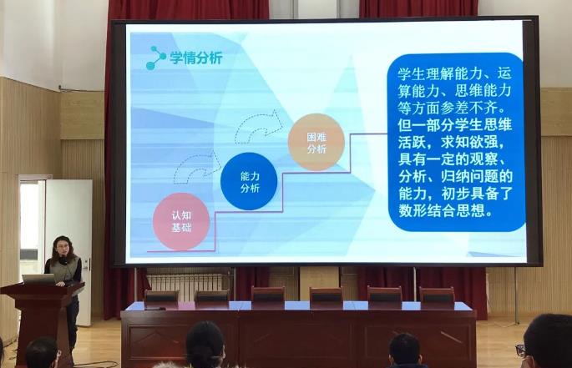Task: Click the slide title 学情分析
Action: click(x=196, y=58)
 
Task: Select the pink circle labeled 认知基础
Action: click(x=181, y=222)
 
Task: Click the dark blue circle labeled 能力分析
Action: click(x=249, y=182)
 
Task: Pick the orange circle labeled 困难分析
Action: click(x=316, y=143)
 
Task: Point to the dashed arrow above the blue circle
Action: click(x=260, y=127)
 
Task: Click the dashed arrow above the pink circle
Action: click(x=197, y=167)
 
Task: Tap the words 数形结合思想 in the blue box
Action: click(x=441, y=210)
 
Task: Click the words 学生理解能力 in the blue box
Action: click(x=441, y=74)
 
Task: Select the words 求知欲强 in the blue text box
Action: click(x=468, y=142)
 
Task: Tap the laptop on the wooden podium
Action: click(x=38, y=280)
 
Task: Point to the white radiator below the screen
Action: click(x=185, y=287)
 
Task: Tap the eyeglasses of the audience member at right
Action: click(x=520, y=350)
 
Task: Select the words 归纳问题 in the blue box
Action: click(x=468, y=177)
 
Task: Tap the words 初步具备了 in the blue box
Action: click(x=477, y=194)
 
